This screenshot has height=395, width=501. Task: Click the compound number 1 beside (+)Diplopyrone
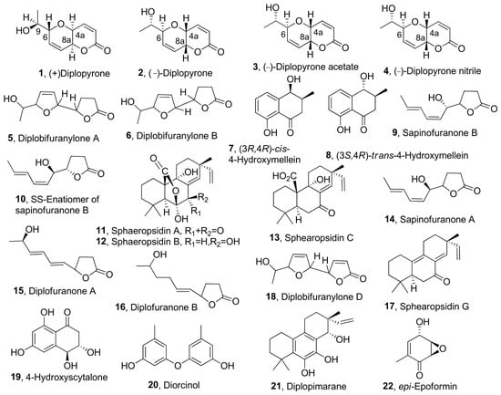pos(40,73)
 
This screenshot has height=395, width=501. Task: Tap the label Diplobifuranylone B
pos(177,136)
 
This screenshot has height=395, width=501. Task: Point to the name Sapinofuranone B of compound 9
pos(440,132)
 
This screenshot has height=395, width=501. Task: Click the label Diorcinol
pos(181,384)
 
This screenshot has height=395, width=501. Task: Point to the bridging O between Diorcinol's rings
pos(178,364)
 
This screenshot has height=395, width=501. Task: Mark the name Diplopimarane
pos(316,387)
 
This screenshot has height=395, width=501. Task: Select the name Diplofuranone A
pos(62,291)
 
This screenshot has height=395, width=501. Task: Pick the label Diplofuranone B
pos(164,307)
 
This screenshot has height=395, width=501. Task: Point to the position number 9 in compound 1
pos(37,32)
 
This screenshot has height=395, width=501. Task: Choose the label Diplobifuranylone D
pos(322,296)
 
